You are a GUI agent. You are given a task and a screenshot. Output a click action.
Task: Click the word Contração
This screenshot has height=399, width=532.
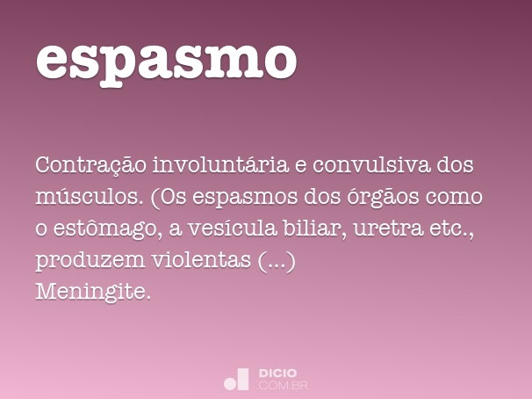tap(90, 165)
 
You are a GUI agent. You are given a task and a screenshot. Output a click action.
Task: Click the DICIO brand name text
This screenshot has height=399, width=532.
tap(277, 373)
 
